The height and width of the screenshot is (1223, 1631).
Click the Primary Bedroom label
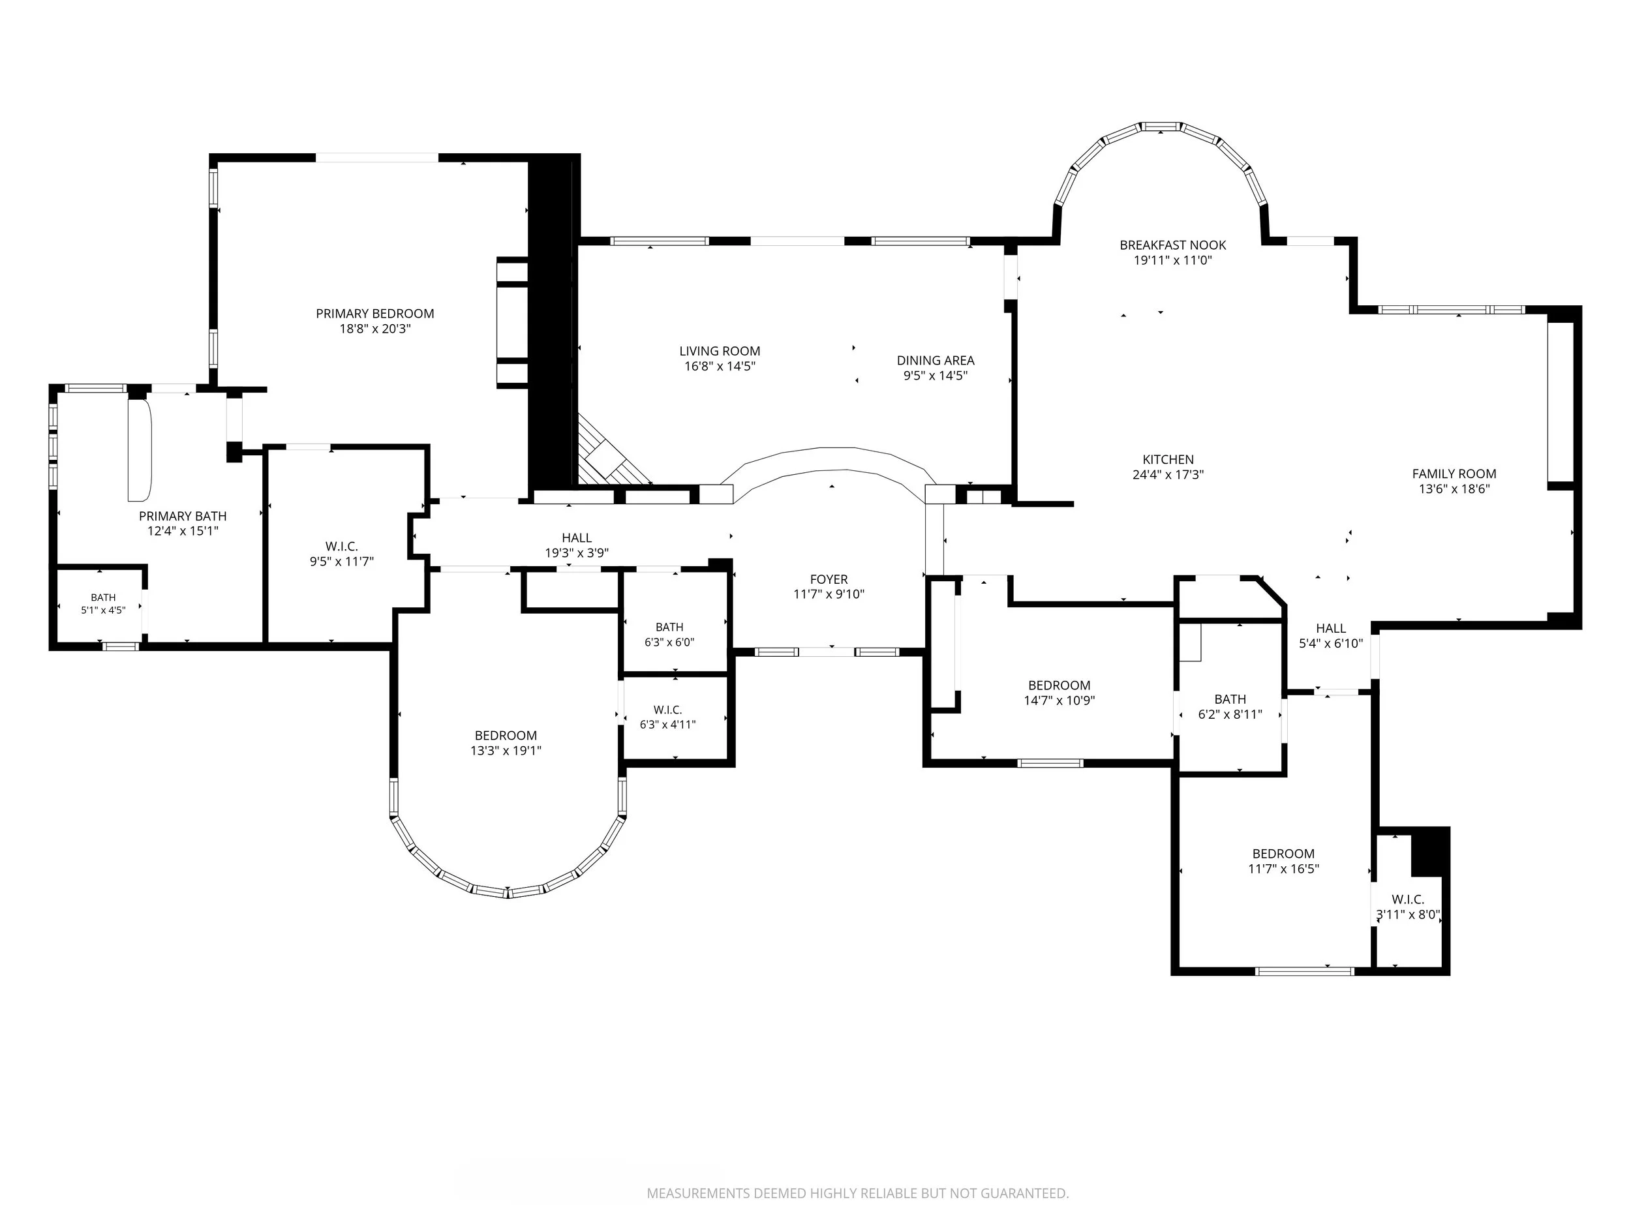[374, 313]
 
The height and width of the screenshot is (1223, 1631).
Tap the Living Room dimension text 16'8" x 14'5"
[720, 367]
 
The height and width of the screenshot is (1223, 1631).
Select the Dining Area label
[936, 361]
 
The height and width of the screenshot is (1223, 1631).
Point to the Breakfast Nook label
[1173, 245]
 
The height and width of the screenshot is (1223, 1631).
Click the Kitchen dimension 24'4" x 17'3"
[1168, 475]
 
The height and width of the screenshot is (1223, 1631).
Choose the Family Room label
[1454, 474]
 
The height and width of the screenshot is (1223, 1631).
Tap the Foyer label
[829, 579]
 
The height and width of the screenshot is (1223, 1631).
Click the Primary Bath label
[183, 516]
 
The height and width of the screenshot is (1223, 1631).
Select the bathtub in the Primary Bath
[140, 449]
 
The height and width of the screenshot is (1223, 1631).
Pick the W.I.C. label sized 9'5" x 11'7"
[341, 546]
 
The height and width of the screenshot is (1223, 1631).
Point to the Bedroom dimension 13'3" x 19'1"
[506, 751]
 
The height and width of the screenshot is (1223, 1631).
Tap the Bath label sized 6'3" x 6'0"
[669, 627]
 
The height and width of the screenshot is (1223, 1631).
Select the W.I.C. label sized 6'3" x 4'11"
[668, 710]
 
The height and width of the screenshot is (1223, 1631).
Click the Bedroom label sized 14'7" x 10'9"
[1059, 686]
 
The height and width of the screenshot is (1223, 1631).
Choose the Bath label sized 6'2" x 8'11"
[1230, 699]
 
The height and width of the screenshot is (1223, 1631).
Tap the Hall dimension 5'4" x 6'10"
[1331, 644]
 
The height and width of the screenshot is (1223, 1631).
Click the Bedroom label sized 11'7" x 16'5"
[1284, 854]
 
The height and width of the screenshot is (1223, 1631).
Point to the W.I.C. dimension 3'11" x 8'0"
[1409, 915]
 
